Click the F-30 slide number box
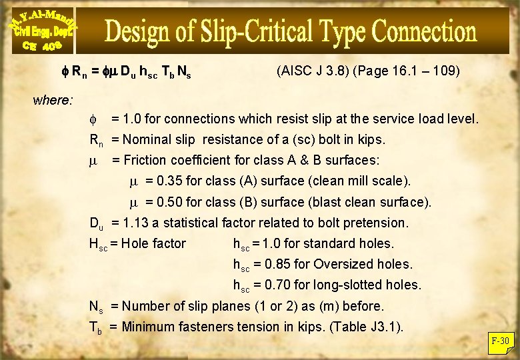[500, 341]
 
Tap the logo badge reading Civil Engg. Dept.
[41, 31]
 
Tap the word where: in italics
[53, 101]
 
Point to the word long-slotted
[347, 285]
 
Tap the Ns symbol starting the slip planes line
[96, 307]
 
